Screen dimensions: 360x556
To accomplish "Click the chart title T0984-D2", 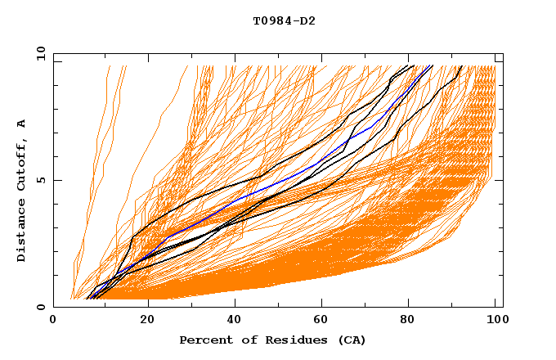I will [x=284, y=20].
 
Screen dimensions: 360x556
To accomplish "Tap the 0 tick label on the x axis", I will [x=54, y=320].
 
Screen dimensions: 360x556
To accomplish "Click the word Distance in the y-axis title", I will [x=21, y=234].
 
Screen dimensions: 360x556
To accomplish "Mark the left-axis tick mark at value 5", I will [x=56, y=180].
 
